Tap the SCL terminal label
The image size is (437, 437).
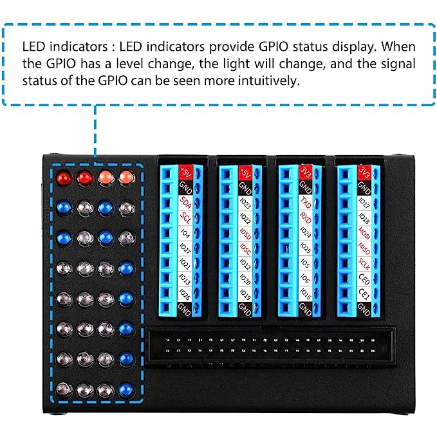[185, 218]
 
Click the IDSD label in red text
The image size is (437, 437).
[244, 233]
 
